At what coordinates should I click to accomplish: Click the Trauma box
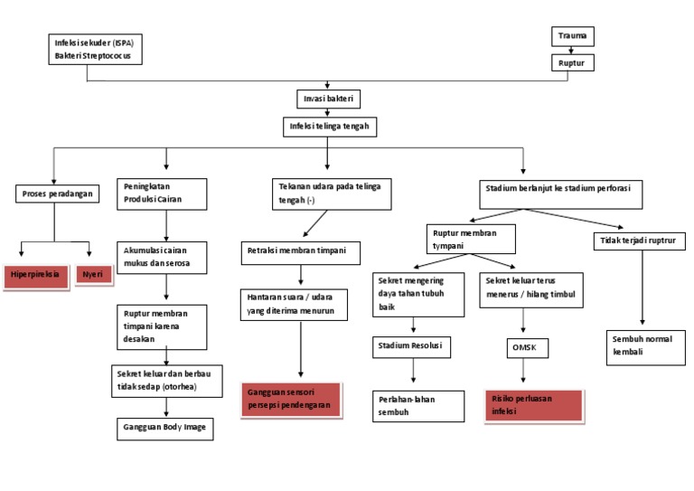[572, 37]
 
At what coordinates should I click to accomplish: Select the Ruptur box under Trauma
[572, 63]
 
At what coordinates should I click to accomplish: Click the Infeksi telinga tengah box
[328, 126]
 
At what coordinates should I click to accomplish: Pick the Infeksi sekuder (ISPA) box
[95, 49]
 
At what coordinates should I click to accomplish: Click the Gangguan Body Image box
[165, 428]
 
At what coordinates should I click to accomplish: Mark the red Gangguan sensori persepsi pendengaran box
[290, 400]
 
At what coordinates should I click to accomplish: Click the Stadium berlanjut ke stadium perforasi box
[558, 192]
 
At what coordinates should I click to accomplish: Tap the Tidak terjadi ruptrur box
[638, 241]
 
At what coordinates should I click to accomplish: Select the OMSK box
[523, 347]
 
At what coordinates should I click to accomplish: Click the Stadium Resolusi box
[412, 346]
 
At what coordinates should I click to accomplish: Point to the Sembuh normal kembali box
[645, 345]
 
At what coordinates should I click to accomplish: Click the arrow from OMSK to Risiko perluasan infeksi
[523, 373]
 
